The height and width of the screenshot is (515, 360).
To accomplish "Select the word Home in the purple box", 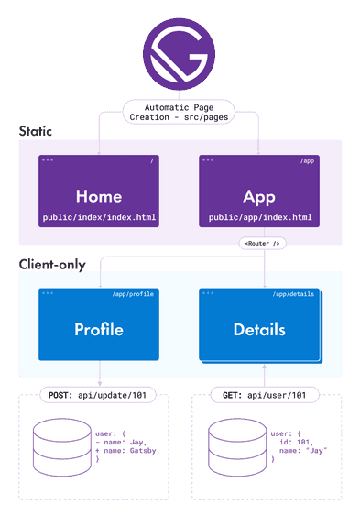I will tap(98, 197).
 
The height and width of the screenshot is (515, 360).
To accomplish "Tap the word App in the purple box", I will tap(259, 197).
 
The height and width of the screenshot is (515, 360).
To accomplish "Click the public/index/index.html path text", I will tap(98, 219).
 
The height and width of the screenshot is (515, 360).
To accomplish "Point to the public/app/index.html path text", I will tap(259, 219).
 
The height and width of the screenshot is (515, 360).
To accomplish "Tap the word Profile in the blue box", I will tap(98, 329).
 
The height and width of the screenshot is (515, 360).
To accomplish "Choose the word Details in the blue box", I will tap(259, 329).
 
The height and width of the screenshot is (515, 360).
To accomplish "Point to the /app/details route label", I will tap(294, 294).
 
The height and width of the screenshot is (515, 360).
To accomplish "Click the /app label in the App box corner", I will tap(307, 161).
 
